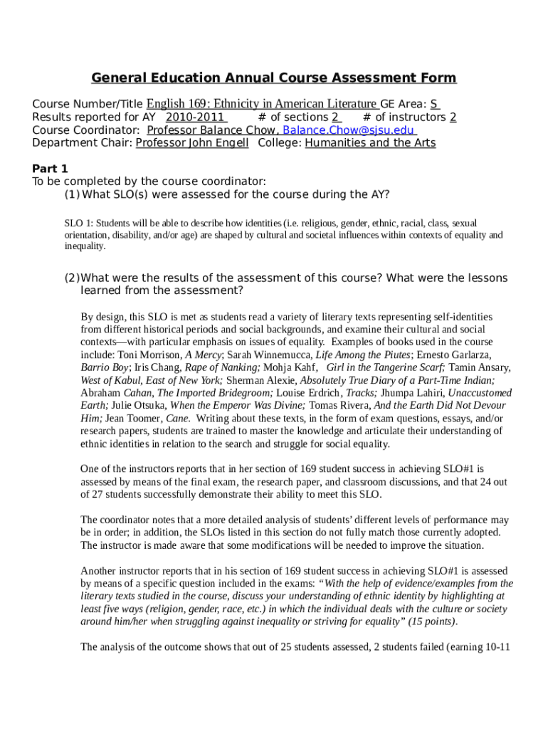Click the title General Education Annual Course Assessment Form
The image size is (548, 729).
tap(273, 78)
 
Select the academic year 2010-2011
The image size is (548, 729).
tap(195, 117)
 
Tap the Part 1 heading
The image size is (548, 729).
tap(50, 169)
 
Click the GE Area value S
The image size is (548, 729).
tap(434, 103)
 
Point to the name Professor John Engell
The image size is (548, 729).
tap(192, 143)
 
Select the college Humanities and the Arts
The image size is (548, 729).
tap(370, 143)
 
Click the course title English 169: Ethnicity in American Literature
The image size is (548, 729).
tap(262, 103)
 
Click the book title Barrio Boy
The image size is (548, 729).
tap(105, 367)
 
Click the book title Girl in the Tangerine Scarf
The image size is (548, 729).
tap(386, 367)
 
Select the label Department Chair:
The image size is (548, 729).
tap(83, 143)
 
